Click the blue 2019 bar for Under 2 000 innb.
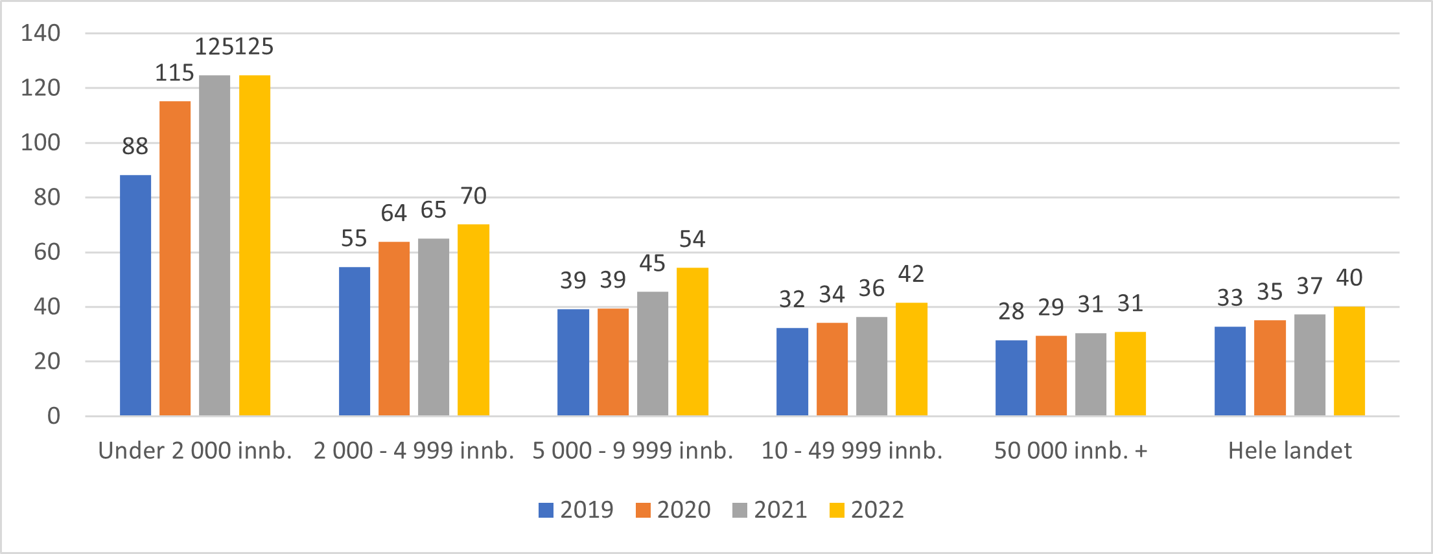click(135, 295)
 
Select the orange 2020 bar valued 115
click(175, 258)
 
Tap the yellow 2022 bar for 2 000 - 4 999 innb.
click(473, 319)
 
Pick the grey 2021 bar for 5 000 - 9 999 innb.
click(652, 353)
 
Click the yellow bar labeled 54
click(692, 341)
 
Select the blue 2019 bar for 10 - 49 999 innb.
click(792, 371)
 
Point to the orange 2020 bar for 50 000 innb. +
click(1051, 375)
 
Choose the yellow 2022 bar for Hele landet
click(1349, 361)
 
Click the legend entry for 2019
click(576, 510)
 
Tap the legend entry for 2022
click(867, 510)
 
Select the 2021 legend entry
click(770, 510)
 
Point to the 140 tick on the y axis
click(41, 33)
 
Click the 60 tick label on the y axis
click(47, 252)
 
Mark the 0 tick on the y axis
click(54, 416)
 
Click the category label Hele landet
click(1290, 450)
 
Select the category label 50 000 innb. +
click(1071, 450)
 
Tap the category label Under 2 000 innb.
click(195, 450)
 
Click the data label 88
click(135, 146)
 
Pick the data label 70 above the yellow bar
click(473, 196)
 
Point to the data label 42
click(911, 274)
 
